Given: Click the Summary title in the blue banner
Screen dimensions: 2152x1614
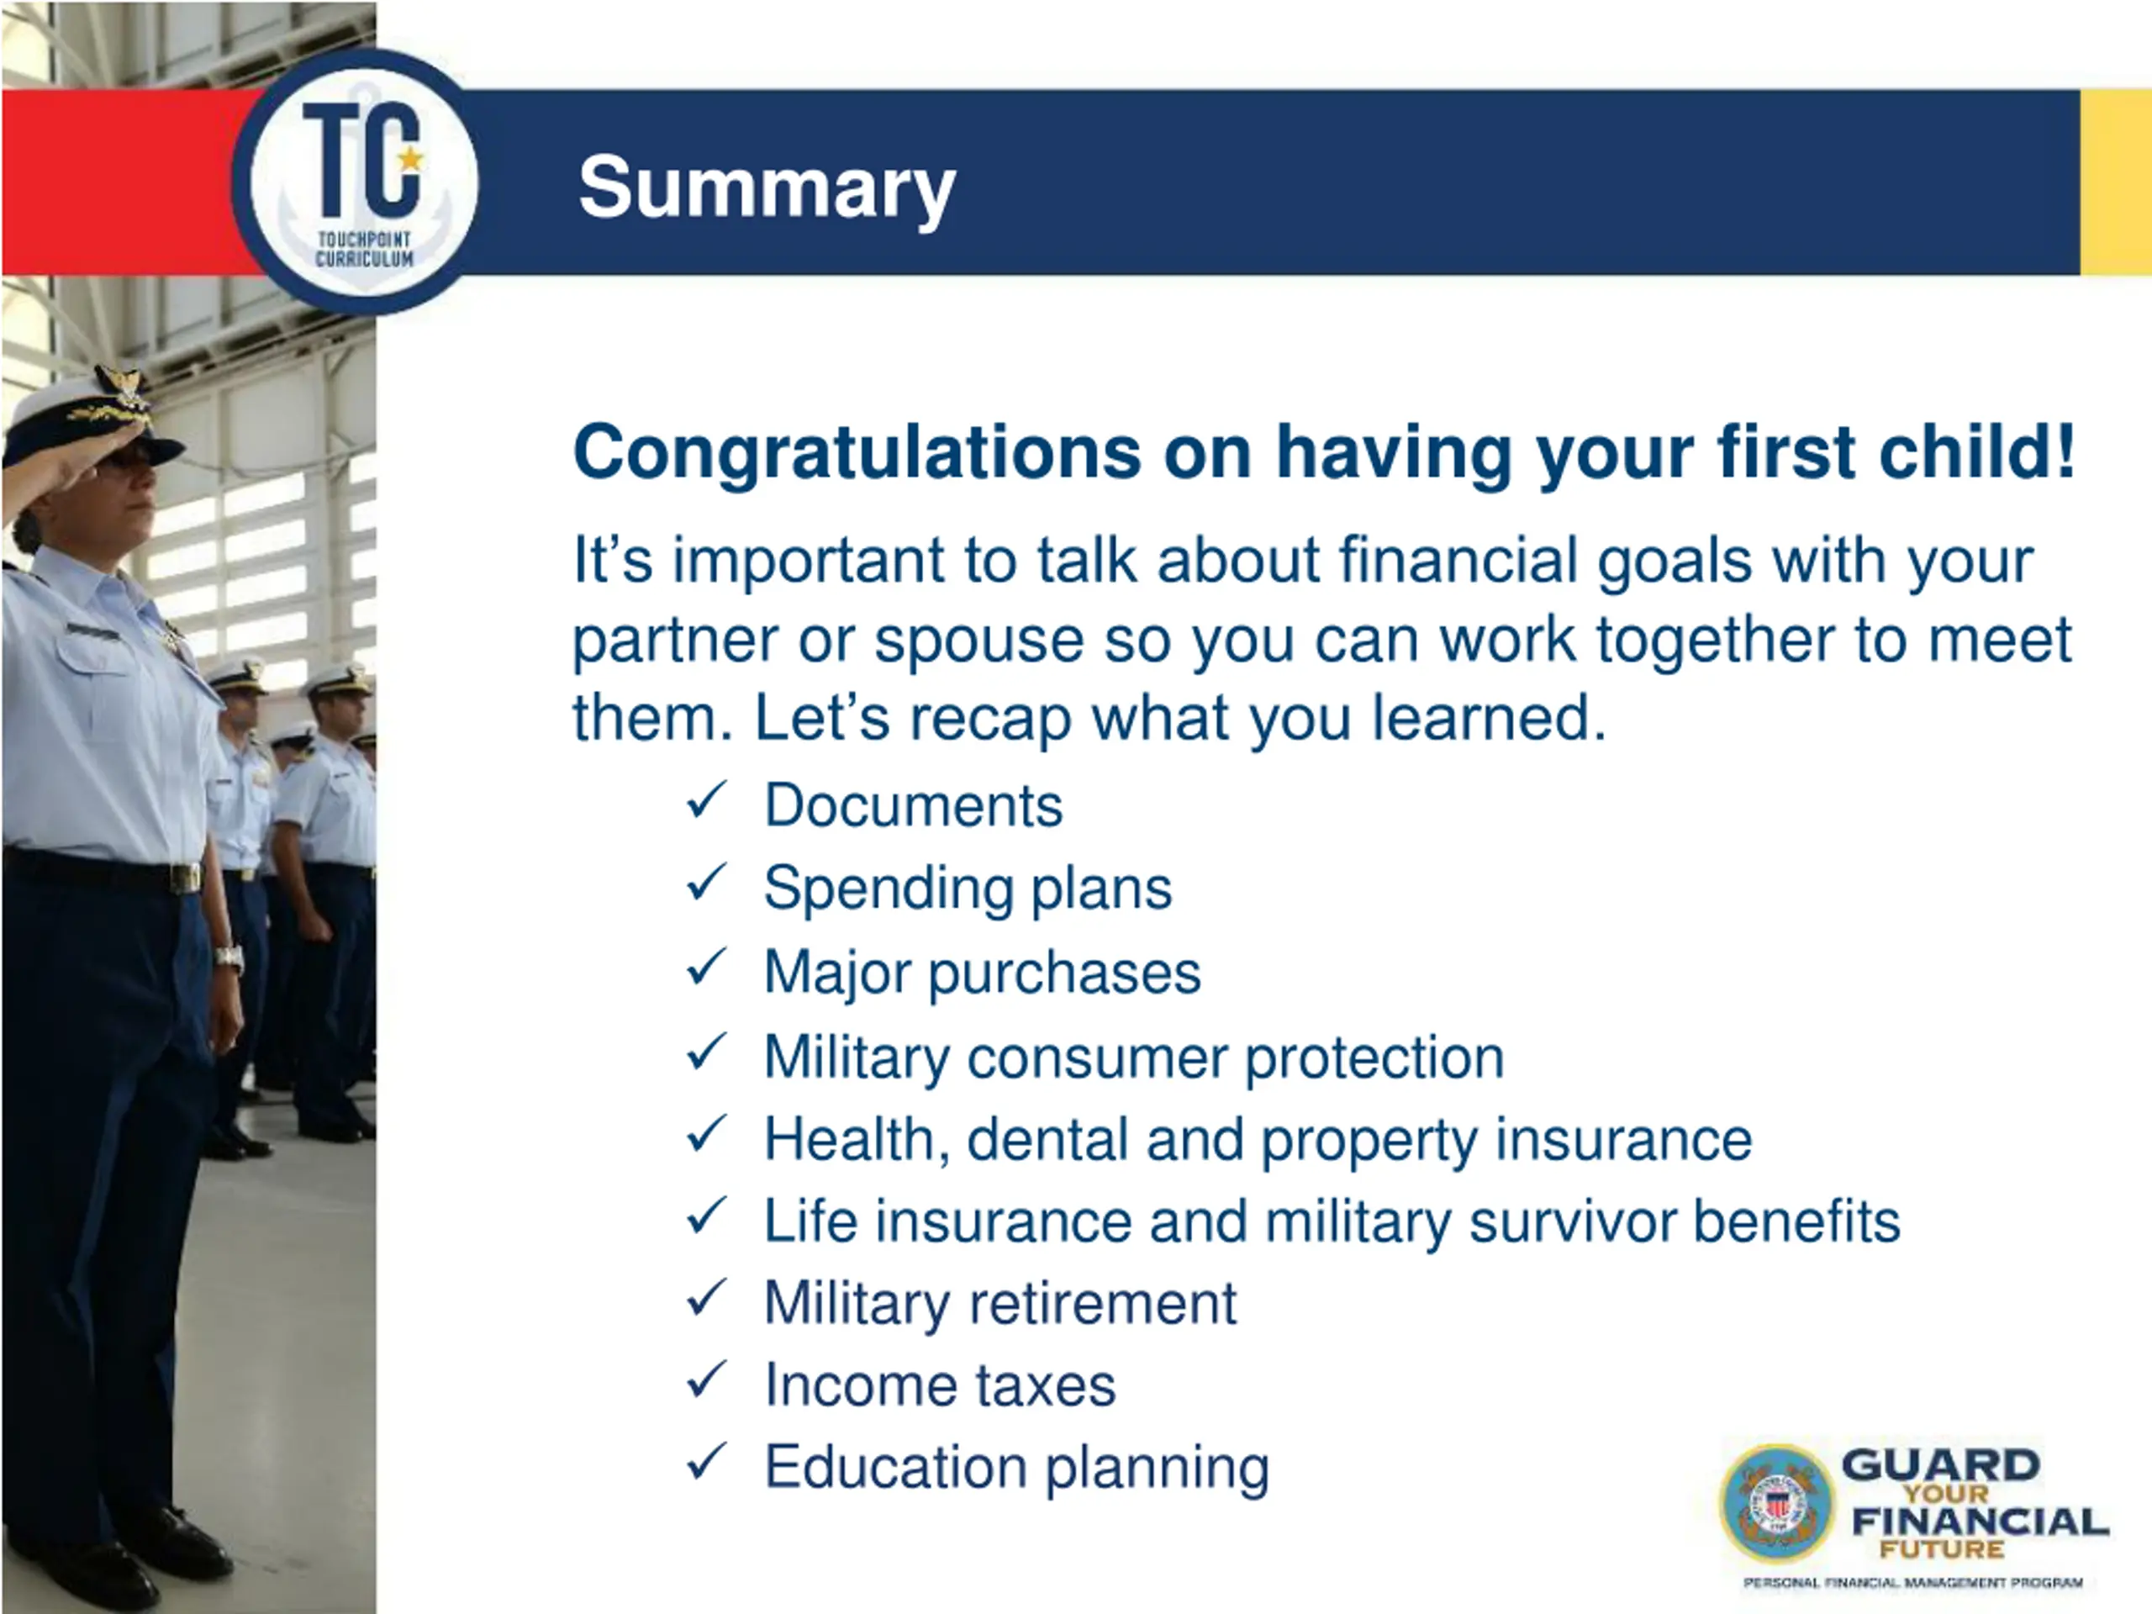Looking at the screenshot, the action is tap(767, 189).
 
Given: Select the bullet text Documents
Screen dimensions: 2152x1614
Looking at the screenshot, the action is tap(914, 805).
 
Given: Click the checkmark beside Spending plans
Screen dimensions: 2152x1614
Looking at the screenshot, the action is tap(705, 883).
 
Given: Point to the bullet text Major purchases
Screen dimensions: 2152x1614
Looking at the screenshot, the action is tap(983, 973).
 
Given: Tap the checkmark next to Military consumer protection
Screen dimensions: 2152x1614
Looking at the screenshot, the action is tap(705, 1052).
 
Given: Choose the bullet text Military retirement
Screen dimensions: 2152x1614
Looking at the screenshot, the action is tap(1000, 1304).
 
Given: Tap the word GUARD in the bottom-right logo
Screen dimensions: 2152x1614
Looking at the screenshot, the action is tap(1940, 1465).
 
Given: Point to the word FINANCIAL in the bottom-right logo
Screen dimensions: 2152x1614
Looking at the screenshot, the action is tap(1981, 1522).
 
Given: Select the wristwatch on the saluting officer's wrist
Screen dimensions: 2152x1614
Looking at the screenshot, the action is tap(229, 957).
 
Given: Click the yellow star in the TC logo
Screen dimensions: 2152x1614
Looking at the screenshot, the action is tap(412, 159).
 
